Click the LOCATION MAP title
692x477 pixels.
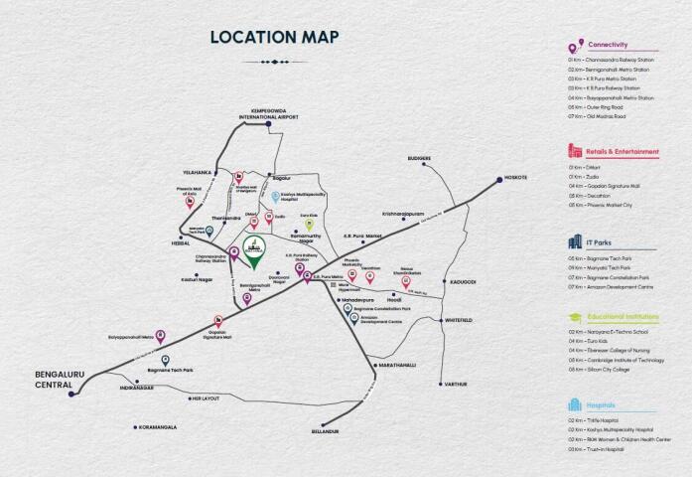[x=274, y=38]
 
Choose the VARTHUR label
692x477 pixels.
[x=456, y=383]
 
